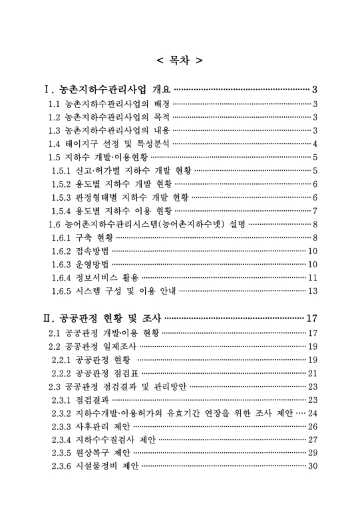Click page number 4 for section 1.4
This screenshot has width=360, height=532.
pyautogui.click(x=314, y=144)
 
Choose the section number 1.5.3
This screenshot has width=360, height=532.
pyautogui.click(x=63, y=198)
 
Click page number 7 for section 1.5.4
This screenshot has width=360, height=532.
pyautogui.click(x=314, y=211)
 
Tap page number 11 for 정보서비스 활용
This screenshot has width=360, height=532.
pyautogui.click(x=312, y=277)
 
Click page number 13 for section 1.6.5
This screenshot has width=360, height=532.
pyautogui.click(x=312, y=291)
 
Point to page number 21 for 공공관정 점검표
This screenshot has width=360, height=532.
pyautogui.click(x=312, y=372)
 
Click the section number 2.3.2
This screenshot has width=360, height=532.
pyautogui.click(x=63, y=413)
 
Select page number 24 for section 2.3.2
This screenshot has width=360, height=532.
pyautogui.click(x=312, y=413)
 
